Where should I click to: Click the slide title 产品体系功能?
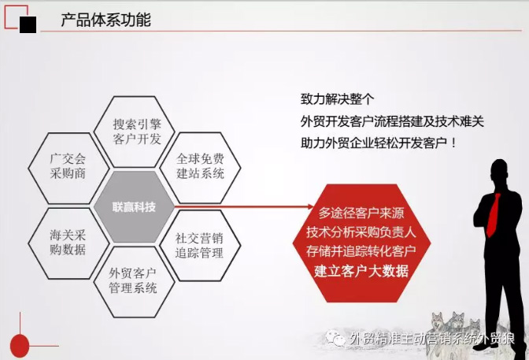click(105, 20)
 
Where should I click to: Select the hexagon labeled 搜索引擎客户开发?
click(137, 132)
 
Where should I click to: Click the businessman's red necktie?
click(494, 209)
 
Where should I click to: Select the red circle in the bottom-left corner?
click(19, 344)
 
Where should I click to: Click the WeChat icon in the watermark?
click(337, 338)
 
